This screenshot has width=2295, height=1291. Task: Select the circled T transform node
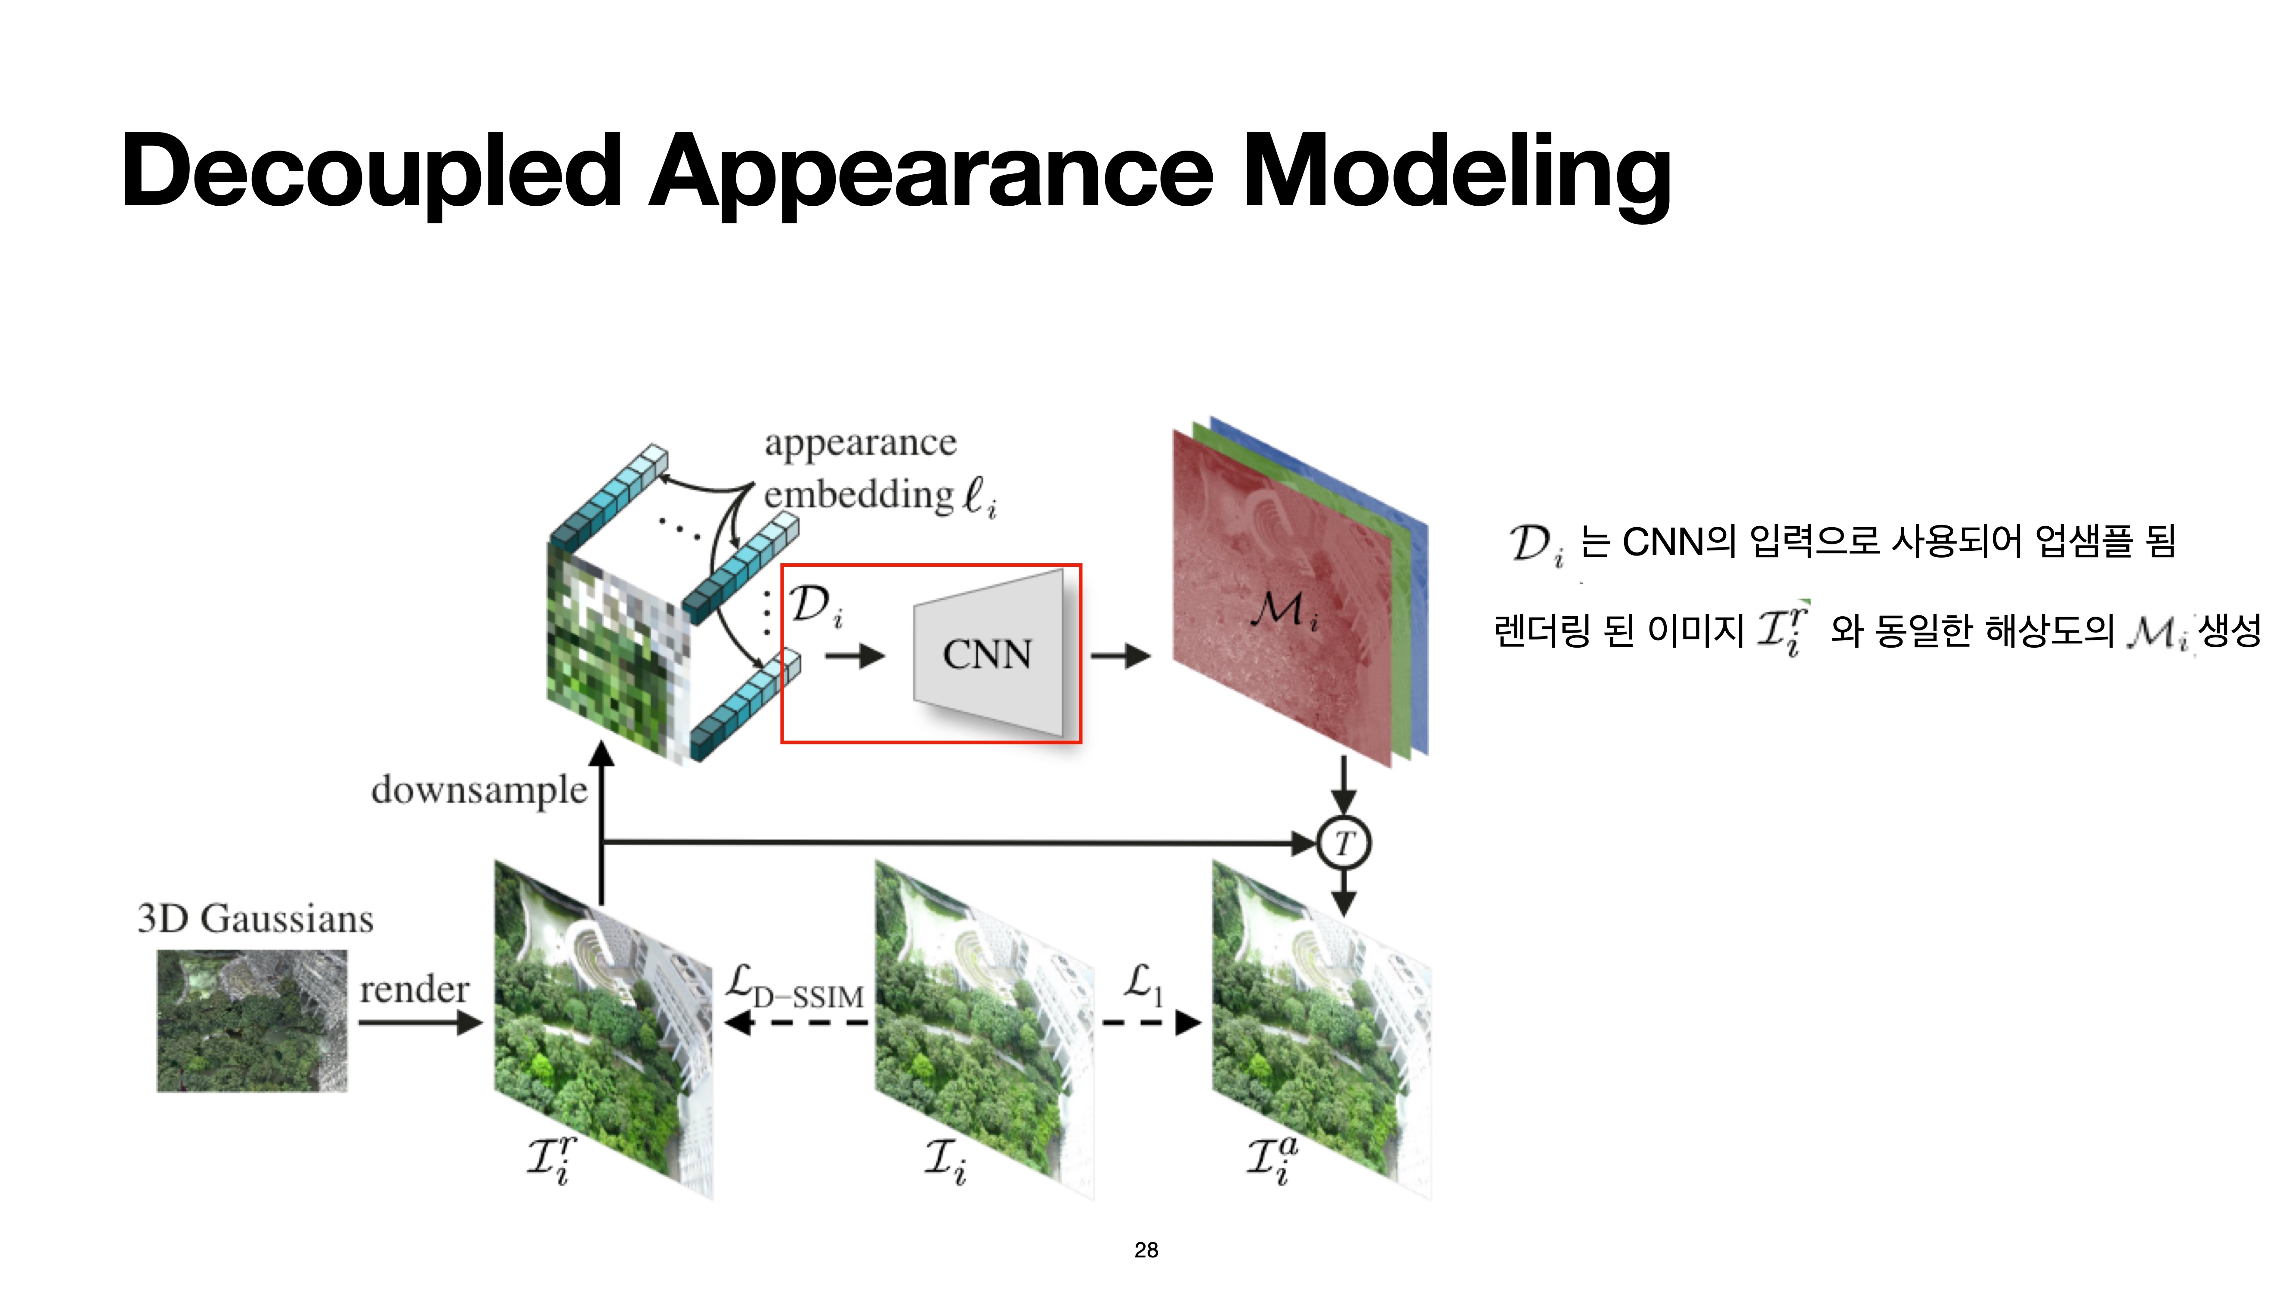[x=1344, y=843]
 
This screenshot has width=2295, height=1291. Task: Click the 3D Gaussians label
[x=256, y=919]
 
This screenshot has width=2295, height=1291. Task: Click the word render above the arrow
[x=414, y=989]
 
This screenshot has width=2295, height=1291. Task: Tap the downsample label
[x=479, y=790]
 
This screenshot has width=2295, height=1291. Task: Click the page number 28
[x=1146, y=1250]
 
